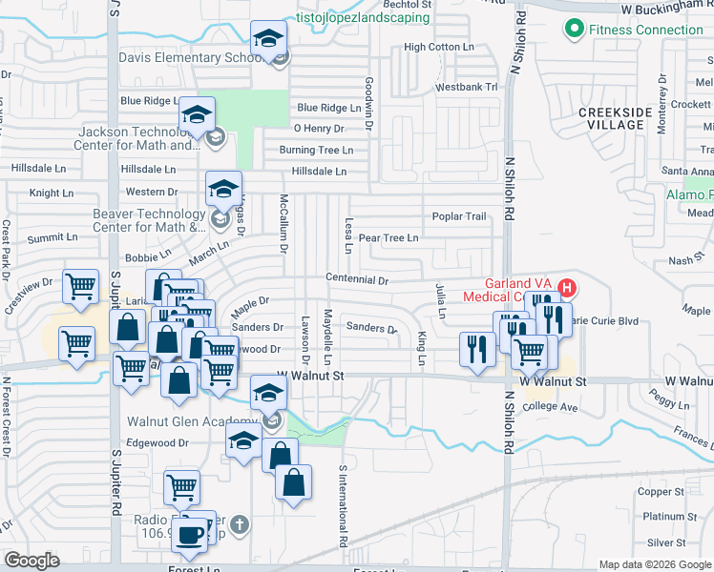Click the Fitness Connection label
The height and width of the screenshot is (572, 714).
point(645,30)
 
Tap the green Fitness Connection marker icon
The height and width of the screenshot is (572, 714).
point(574,30)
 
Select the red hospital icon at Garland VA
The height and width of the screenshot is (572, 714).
point(567,287)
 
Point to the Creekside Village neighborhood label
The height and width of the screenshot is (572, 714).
point(617,118)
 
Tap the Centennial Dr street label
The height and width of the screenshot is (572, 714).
point(357,280)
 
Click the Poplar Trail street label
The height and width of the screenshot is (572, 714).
point(459,216)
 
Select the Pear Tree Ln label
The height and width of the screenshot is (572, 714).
point(388,237)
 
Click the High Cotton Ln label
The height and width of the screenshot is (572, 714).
point(439,47)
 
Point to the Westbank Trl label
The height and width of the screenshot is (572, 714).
point(467,87)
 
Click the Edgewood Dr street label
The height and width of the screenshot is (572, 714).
point(157,442)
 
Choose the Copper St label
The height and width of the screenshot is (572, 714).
point(656,492)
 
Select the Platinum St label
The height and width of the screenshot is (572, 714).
point(662,517)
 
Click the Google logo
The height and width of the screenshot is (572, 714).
point(32,561)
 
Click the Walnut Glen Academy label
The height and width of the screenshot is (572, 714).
point(193,420)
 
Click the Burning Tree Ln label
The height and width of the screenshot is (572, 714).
point(316,150)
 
